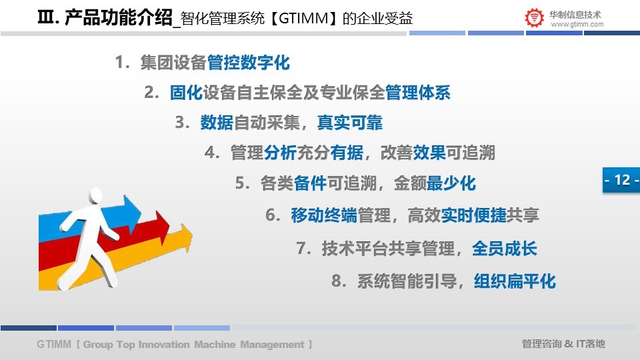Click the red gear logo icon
pyautogui.click(x=534, y=17)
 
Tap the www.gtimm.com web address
pyautogui.click(x=577, y=25)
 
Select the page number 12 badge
pyautogui.click(x=621, y=179)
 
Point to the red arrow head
pyautogui.click(x=162, y=227)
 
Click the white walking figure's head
pyautogui.click(x=95, y=196)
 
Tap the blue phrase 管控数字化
pyautogui.click(x=249, y=63)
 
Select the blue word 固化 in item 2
pyautogui.click(x=186, y=93)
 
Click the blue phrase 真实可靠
pyautogui.click(x=350, y=123)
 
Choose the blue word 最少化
pyautogui.click(x=451, y=183)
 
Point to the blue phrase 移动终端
pyautogui.click(x=324, y=215)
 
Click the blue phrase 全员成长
pyautogui.click(x=505, y=249)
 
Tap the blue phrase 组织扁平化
pyautogui.click(x=515, y=281)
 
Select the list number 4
pyautogui.click(x=212, y=153)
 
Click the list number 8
pyautogui.click(x=339, y=281)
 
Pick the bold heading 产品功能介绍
pyautogui.click(x=119, y=17)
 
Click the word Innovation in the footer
pyautogui.click(x=164, y=345)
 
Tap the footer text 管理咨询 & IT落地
pyautogui.click(x=563, y=344)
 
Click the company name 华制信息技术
pyautogui.click(x=575, y=15)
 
